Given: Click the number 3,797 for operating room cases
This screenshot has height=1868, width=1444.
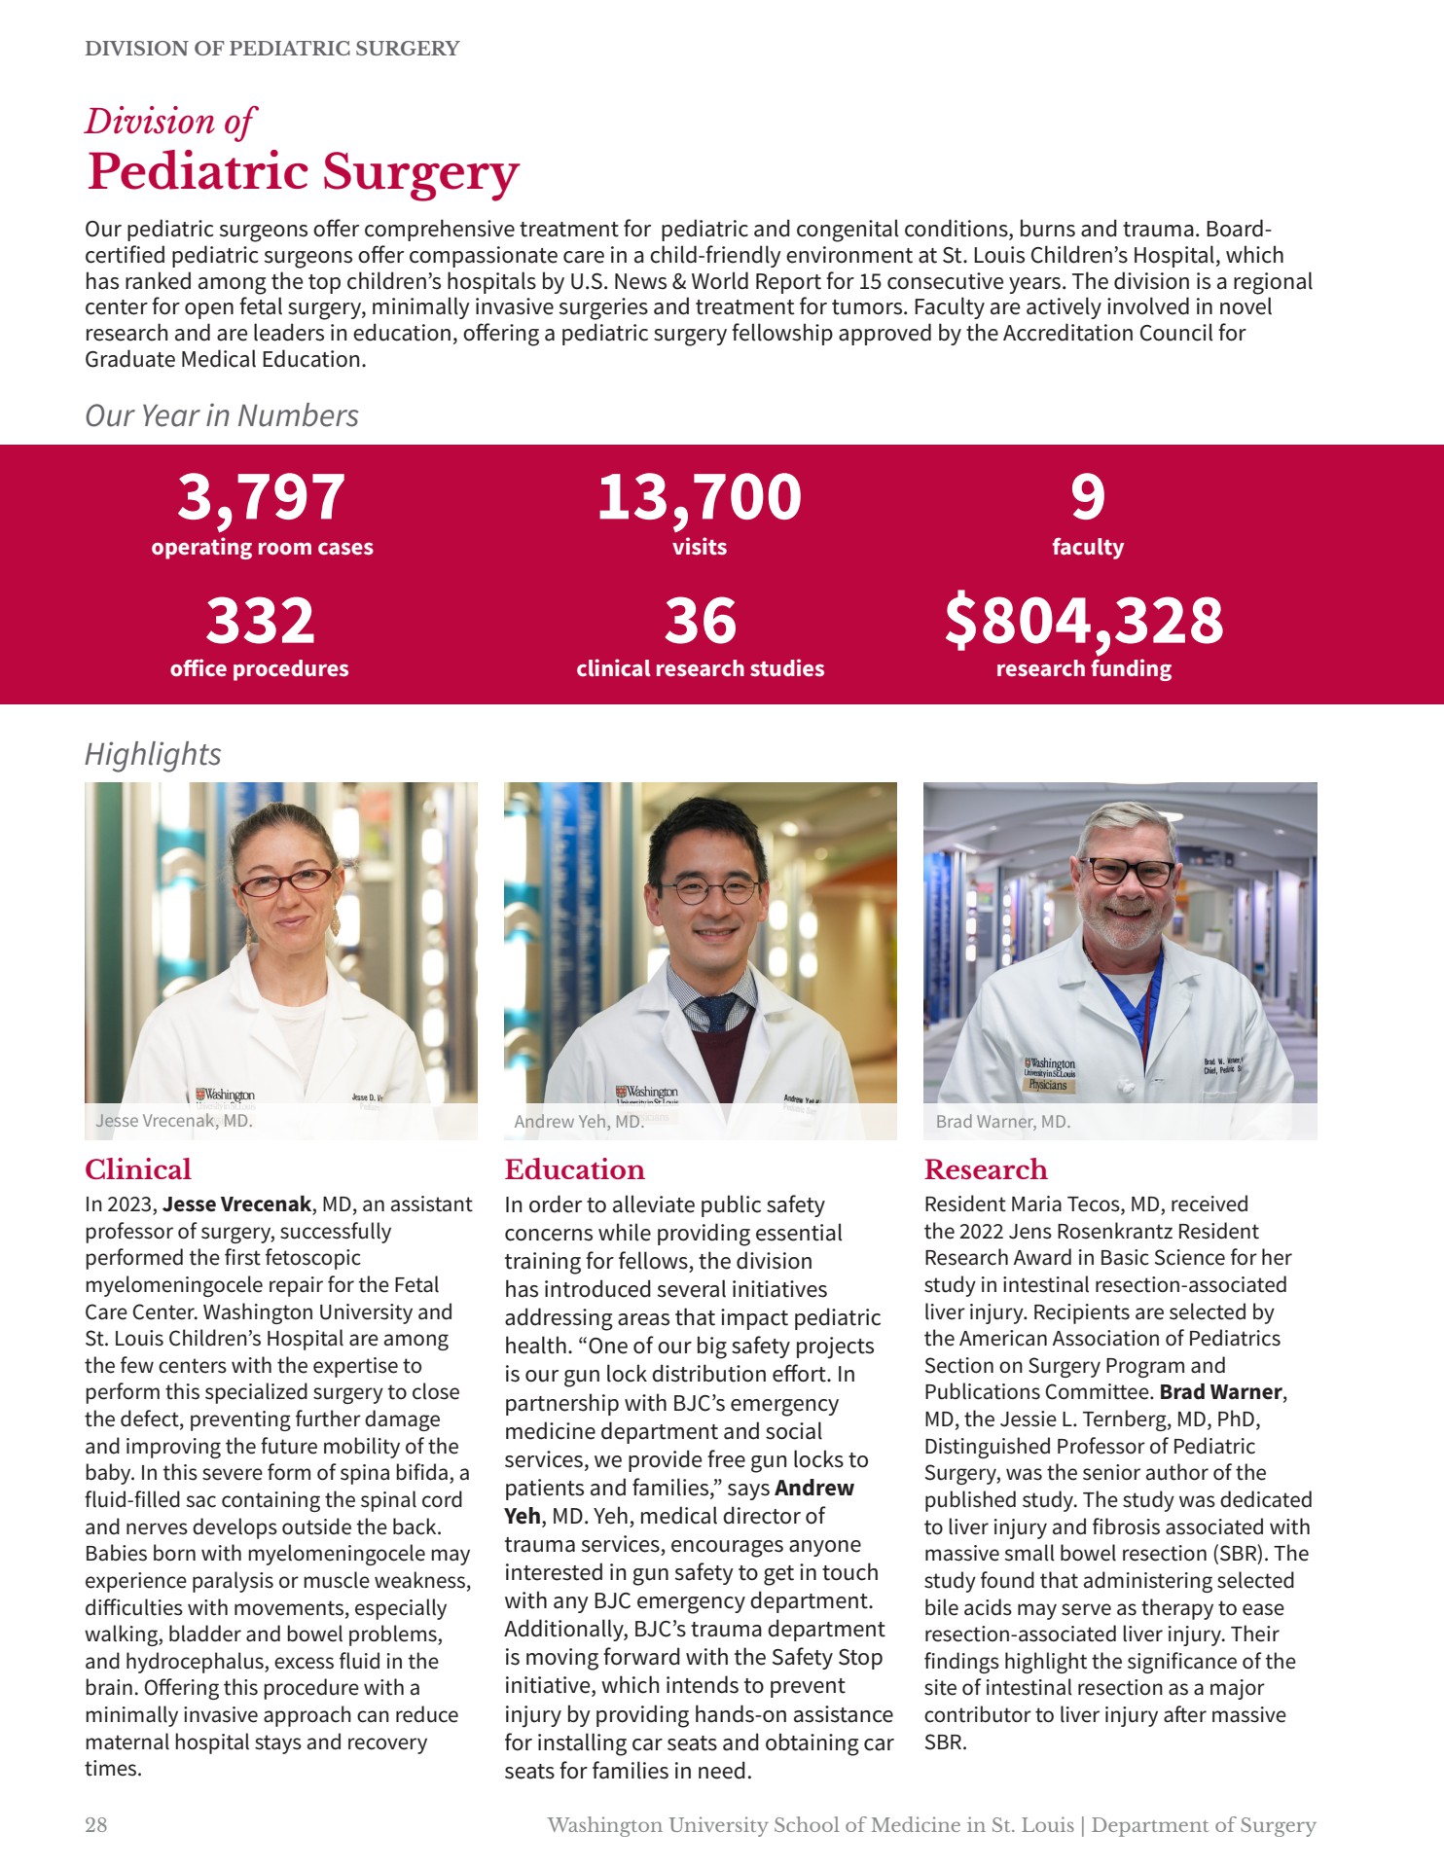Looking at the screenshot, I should pos(261,497).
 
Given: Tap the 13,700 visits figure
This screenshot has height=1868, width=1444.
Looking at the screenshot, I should pos(699,497).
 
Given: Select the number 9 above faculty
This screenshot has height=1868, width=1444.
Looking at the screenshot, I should pos(1087,497).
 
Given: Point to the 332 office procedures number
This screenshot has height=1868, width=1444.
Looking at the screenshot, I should pos(260,621).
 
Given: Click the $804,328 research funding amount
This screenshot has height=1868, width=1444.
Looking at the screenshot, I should pos(1083,621).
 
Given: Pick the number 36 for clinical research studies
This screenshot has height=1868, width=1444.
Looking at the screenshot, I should pos(700,621).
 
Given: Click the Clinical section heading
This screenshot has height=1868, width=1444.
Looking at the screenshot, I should pos(137,1169).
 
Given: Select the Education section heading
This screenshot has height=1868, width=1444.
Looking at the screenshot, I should pos(574,1169).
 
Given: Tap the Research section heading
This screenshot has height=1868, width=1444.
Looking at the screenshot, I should pos(985,1169).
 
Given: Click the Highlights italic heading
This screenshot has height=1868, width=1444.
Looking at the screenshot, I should pos(153,754).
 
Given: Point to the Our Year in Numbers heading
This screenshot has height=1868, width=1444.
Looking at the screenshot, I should pos(222,415).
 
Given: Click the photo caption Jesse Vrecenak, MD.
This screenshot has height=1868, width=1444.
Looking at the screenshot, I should pos(174,1121).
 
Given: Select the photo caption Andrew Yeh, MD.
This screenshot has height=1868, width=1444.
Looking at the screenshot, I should pos(578,1122).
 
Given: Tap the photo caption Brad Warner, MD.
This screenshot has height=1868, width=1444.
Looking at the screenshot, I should pos(1002,1122).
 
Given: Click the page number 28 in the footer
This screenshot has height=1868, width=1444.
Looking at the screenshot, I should pos(96,1825).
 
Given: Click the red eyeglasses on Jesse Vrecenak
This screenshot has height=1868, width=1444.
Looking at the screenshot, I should pos(285,881).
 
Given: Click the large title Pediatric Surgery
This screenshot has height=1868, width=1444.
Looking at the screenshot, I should pos(303,172).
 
